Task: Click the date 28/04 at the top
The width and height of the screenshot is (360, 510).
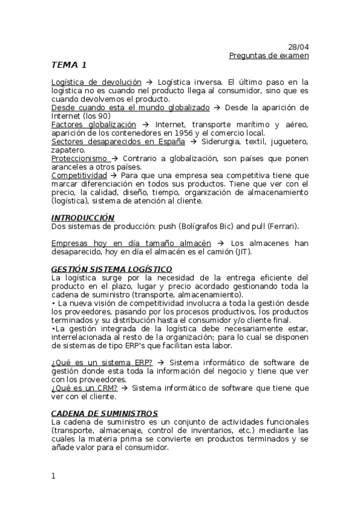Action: tap(298, 47)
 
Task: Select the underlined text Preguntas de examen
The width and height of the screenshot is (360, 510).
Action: tap(269, 55)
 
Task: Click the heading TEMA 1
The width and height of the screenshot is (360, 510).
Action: tap(69, 65)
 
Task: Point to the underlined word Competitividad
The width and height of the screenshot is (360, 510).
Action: tap(79, 175)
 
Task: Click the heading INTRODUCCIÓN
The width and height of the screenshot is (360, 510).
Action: tap(82, 217)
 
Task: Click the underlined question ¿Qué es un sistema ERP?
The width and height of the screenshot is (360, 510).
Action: tap(102, 363)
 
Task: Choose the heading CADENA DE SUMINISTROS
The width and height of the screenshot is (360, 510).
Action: tap(105, 413)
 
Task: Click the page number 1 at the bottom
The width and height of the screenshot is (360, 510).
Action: tap(53, 476)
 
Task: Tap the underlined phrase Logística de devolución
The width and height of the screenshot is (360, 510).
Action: tap(96, 82)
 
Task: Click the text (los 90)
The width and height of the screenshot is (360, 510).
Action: tap(96, 116)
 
